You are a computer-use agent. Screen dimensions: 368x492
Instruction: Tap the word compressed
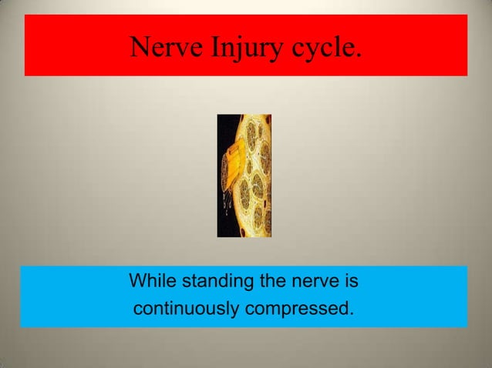298,310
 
